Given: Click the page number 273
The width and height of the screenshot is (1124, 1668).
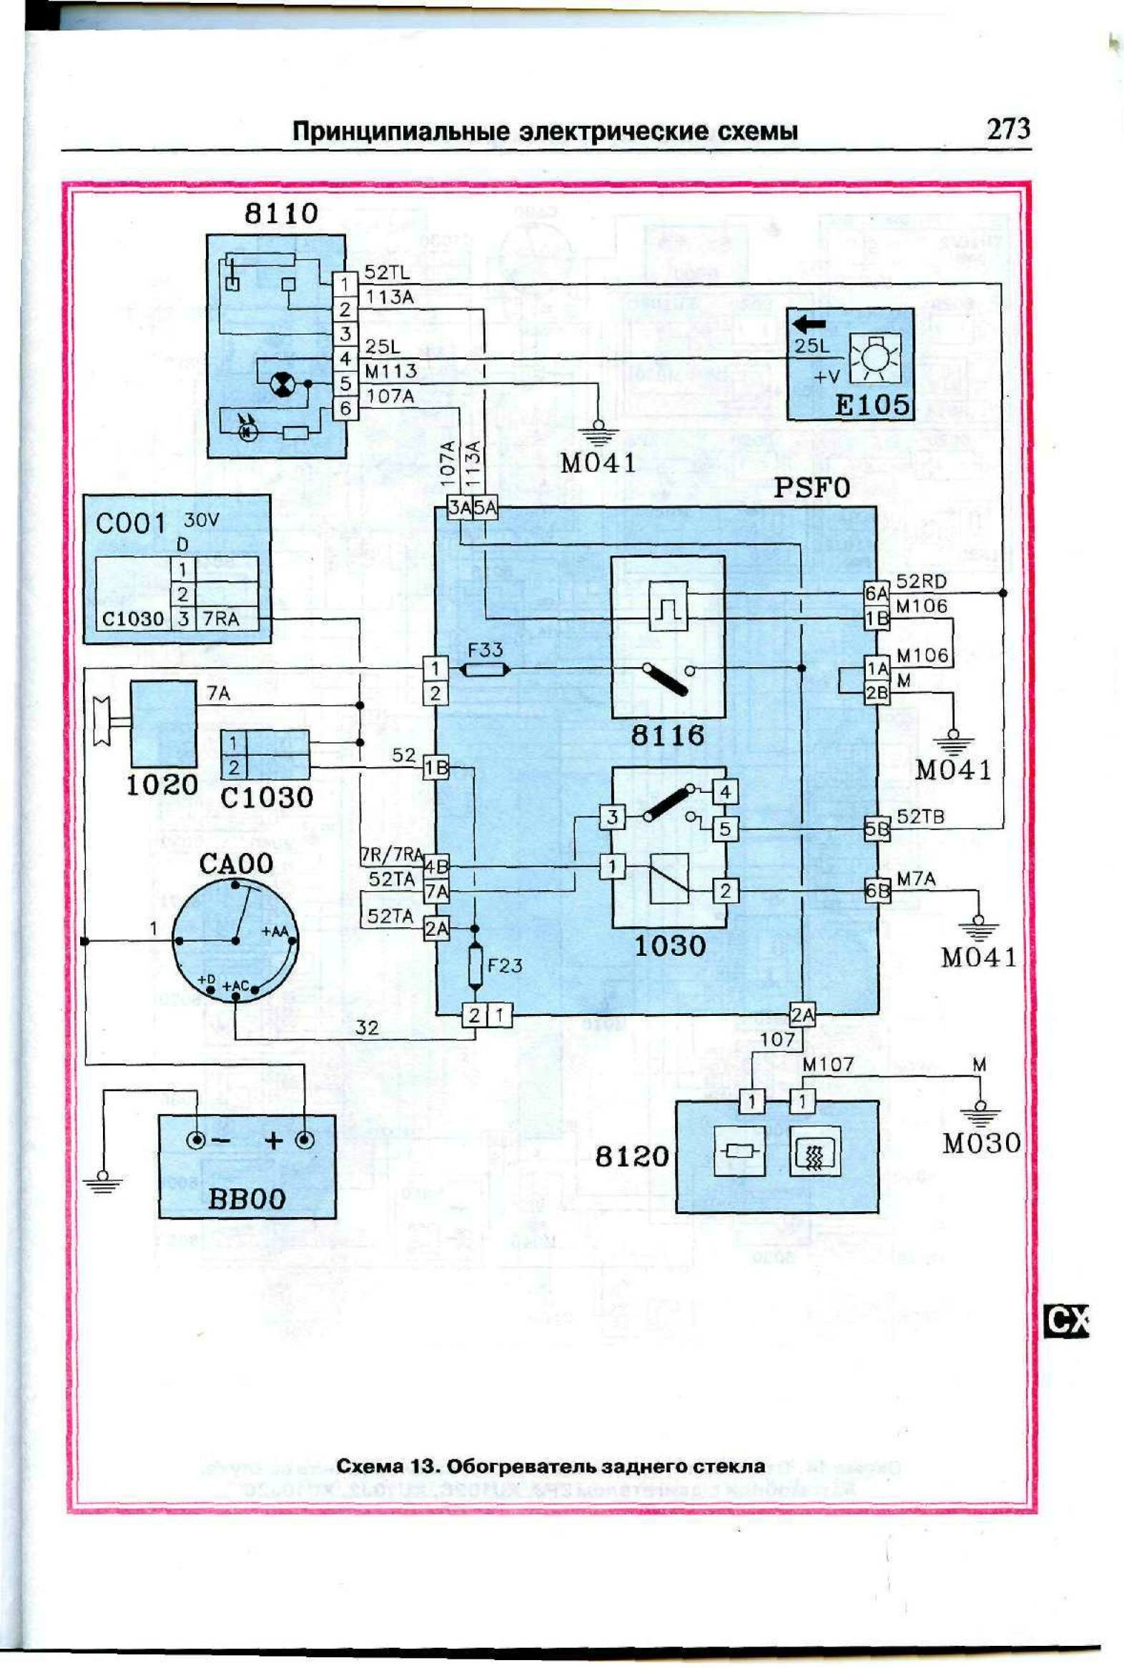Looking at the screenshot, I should coord(1008,129).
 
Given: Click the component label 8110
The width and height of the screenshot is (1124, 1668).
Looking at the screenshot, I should coord(281,214).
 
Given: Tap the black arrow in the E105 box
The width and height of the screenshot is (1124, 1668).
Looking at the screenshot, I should coord(809,324).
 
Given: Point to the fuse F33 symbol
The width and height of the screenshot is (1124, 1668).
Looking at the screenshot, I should coord(485,669).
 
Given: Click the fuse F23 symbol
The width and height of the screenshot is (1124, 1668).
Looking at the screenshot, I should coord(475,965).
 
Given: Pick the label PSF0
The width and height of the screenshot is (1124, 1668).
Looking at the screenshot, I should coord(812,488).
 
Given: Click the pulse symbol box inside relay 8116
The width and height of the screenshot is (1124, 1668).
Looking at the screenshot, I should coord(667,605).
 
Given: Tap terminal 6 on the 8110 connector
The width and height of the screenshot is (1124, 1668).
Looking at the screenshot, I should coord(345,408).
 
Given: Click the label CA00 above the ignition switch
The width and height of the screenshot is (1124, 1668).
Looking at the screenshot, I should coord(236,864).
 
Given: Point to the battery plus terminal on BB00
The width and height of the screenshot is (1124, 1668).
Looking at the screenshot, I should coord(305,1140).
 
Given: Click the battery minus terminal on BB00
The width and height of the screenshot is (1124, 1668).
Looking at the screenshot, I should coord(195,1140).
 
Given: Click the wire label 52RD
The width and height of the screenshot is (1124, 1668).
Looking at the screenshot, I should coord(921,581).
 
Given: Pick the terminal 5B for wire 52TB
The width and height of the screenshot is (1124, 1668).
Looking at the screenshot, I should coord(877,829).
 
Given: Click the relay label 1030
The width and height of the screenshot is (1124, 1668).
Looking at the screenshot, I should coord(670,946).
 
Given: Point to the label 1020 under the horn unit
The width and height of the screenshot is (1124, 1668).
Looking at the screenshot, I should coord(162,785).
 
